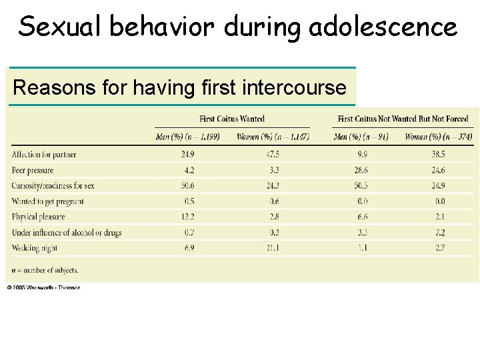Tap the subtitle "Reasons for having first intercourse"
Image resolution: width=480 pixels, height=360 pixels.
point(180,87)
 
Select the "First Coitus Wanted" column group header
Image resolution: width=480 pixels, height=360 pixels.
point(232,119)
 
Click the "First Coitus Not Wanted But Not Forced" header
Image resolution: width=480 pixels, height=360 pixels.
point(403,119)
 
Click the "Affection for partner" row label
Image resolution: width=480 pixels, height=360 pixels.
point(44,155)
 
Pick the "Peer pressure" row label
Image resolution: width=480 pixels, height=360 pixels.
point(32,170)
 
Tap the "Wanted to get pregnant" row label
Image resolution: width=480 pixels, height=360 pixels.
point(48,201)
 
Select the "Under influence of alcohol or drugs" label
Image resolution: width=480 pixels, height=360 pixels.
point(67,233)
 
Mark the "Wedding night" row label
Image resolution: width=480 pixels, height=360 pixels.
point(35,248)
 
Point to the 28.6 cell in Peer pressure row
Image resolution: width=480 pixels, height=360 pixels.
point(361,170)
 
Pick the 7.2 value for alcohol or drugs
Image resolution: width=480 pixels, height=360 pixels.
point(438,233)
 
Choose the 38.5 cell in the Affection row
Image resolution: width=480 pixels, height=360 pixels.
point(438,155)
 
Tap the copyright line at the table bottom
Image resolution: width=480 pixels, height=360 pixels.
point(44,287)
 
